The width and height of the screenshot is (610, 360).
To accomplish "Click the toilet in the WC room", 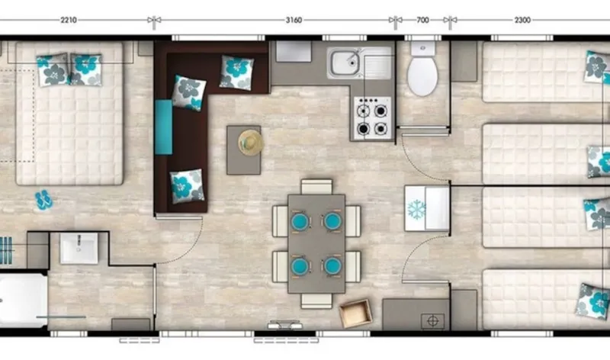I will point(421,72).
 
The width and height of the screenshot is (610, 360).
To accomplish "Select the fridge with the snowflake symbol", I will point(426,207).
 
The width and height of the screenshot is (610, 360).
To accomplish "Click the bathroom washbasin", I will point(79,248).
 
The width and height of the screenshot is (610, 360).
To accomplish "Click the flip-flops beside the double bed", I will point(43,200).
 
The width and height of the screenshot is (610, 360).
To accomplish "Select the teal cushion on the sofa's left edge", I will point(163,126).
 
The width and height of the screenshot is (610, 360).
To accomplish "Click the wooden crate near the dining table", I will point(355,313).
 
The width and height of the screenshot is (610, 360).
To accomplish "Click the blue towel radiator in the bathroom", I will point(8,249).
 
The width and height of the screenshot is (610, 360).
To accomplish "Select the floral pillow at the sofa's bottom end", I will point(185,186).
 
